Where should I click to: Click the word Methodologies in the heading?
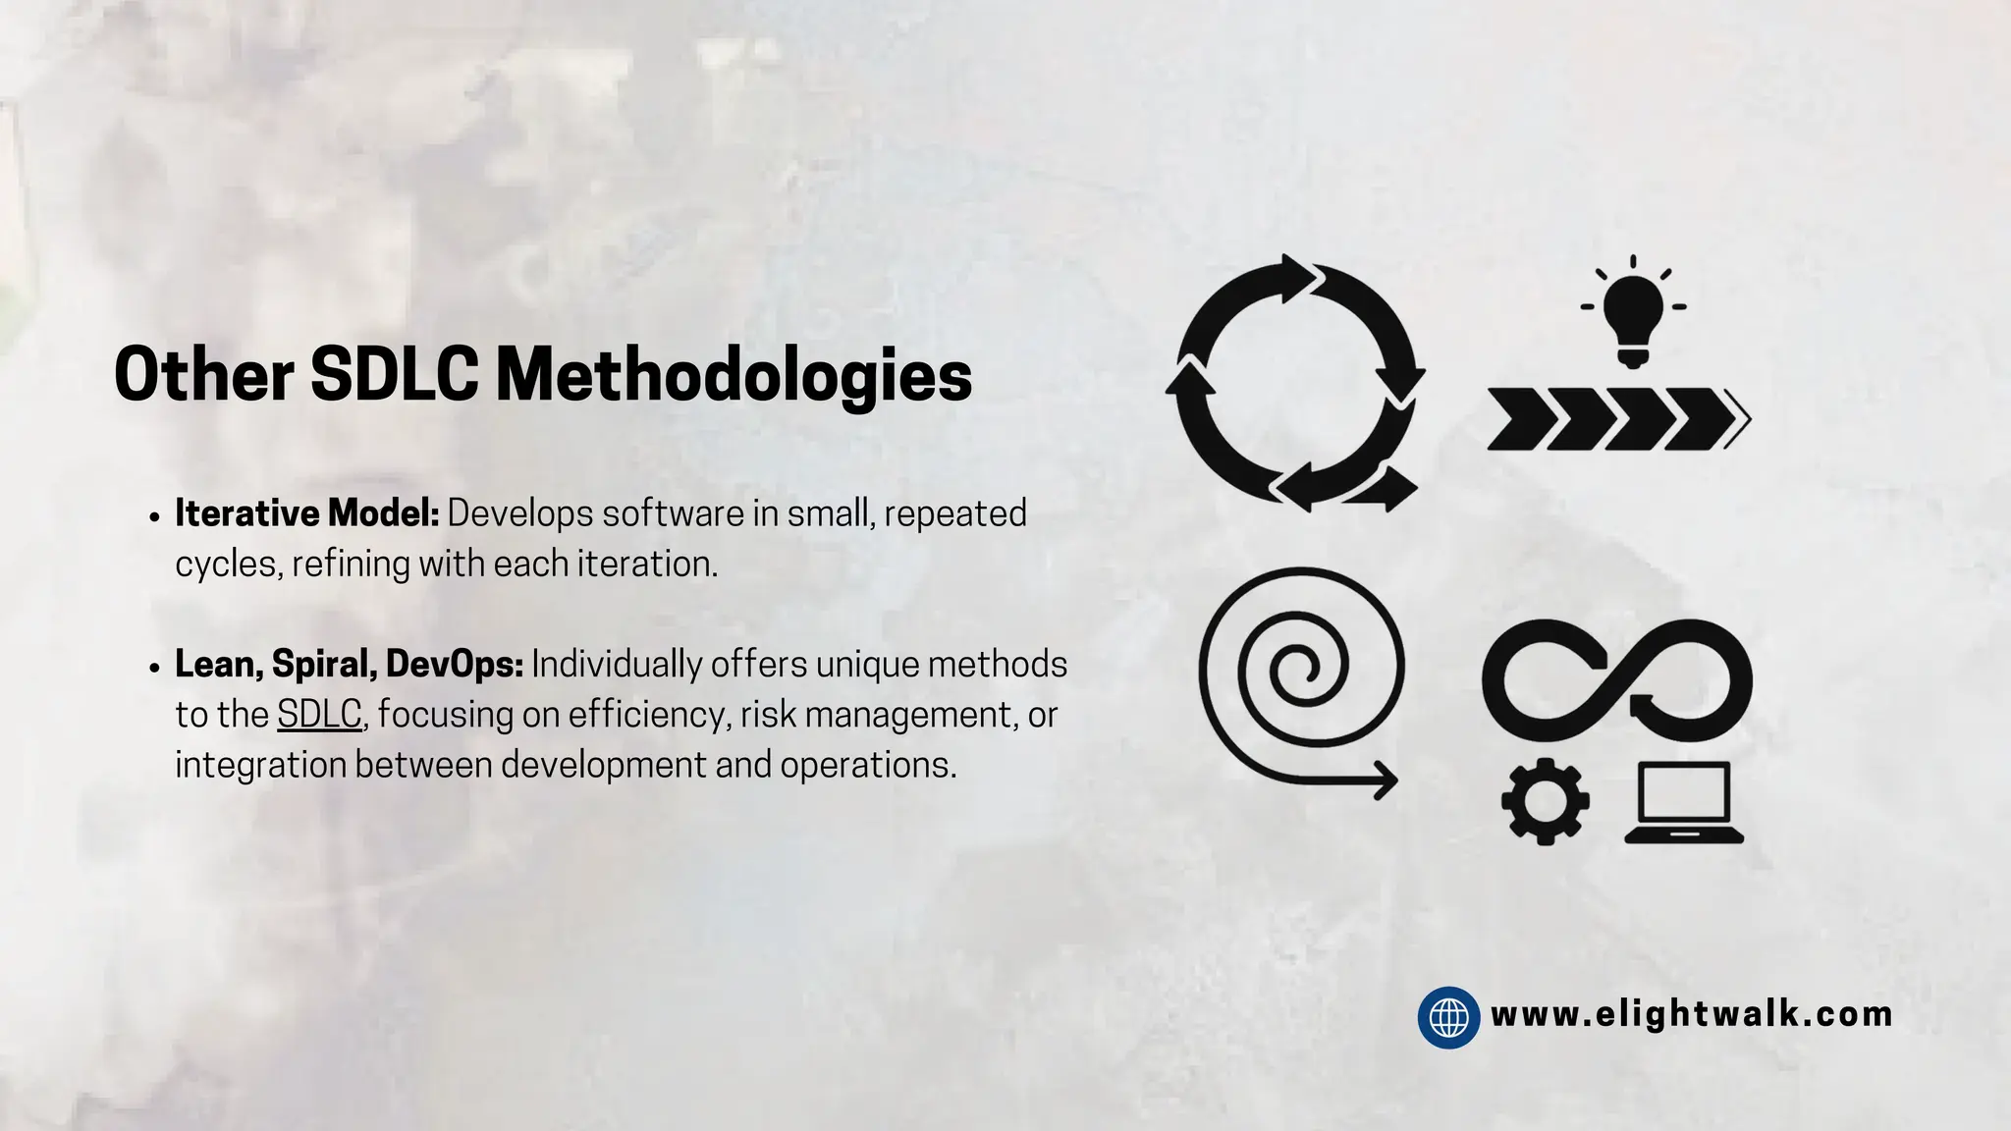[734, 377]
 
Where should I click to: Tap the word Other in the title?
[204, 375]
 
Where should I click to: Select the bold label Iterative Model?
[307, 513]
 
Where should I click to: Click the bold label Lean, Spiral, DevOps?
[349, 665]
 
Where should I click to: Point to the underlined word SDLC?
[319, 715]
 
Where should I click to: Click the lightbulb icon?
[1632, 312]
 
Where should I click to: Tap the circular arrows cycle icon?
[1295, 383]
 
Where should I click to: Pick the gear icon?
[1546, 801]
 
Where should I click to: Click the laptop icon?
[1684, 802]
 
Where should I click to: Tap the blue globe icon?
[1448, 1017]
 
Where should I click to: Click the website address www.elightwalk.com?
[1691, 1014]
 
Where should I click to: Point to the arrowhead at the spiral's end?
[1386, 781]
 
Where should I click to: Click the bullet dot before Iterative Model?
[155, 517]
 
